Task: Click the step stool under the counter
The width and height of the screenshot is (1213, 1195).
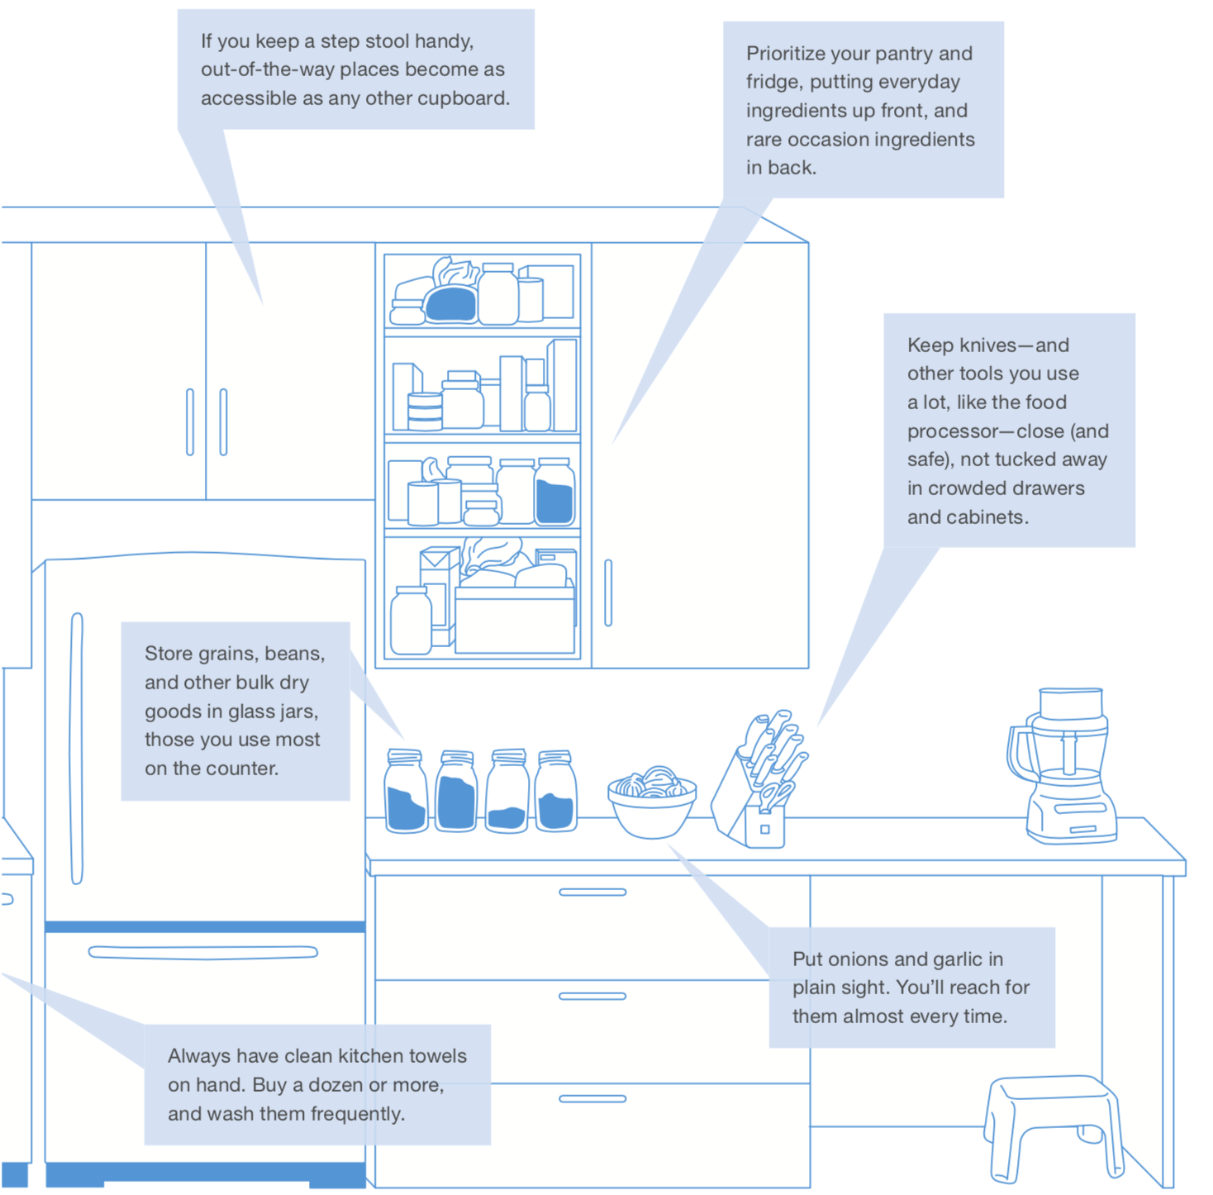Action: pyautogui.click(x=1054, y=1124)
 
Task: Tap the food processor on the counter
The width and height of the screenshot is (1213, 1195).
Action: pyautogui.click(x=1066, y=769)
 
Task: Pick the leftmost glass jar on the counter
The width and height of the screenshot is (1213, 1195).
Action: pyautogui.click(x=406, y=792)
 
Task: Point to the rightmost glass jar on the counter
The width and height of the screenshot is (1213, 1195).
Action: pyautogui.click(x=556, y=792)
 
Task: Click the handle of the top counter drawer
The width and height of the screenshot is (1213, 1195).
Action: pyautogui.click(x=592, y=892)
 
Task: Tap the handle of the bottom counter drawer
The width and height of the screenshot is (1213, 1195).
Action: pyautogui.click(x=592, y=1098)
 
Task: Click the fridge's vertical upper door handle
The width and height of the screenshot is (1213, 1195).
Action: pyautogui.click(x=77, y=748)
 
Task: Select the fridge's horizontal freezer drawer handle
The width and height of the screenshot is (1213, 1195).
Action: pyautogui.click(x=202, y=952)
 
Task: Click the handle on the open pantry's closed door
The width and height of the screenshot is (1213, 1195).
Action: pyautogui.click(x=608, y=593)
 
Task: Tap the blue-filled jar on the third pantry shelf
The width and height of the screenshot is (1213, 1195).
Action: pyautogui.click(x=554, y=493)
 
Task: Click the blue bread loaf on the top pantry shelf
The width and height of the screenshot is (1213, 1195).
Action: pyautogui.click(x=451, y=304)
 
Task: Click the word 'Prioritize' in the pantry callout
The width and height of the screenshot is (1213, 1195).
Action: pyautogui.click(x=785, y=54)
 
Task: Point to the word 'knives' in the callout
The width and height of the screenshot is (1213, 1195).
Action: pyautogui.click(x=989, y=345)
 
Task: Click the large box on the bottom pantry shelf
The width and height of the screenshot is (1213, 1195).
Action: pyautogui.click(x=514, y=620)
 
